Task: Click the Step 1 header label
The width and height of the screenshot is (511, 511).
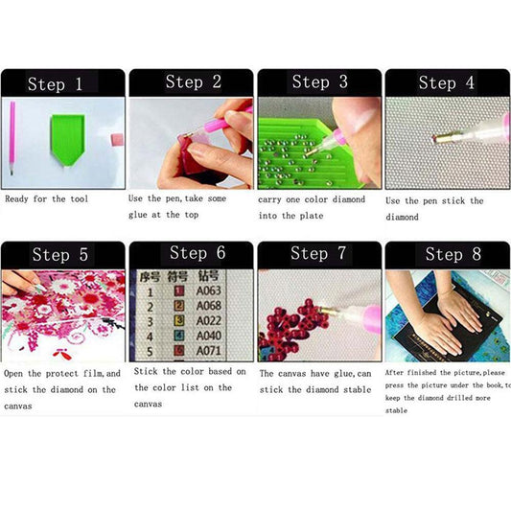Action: click(61, 84)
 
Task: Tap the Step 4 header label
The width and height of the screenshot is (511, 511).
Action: click(446, 82)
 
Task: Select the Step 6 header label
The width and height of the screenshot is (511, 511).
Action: click(197, 253)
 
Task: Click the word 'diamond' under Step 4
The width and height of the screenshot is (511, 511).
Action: click(402, 217)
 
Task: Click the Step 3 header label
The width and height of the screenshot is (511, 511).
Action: click(318, 82)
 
